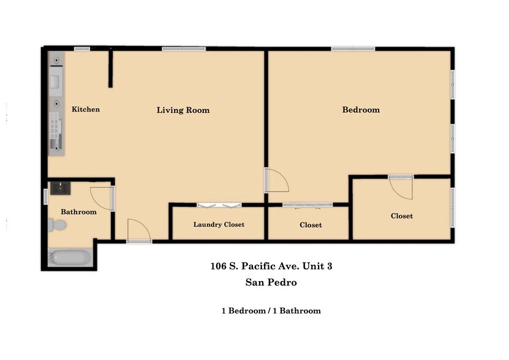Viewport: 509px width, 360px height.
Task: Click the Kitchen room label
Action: pos(86,110)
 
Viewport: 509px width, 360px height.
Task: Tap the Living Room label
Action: pos(183,110)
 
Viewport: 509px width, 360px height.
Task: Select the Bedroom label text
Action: pos(360,110)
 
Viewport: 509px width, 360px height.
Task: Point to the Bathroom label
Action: pos(78,212)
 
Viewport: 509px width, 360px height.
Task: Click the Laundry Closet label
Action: pos(219,225)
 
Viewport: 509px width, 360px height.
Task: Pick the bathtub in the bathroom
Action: pos(70,258)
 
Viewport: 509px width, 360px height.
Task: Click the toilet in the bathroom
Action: pos(57,225)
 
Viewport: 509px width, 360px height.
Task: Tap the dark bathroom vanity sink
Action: pos(61,187)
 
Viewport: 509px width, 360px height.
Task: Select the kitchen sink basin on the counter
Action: pos(55,80)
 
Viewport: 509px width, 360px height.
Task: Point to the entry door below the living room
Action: pos(138,231)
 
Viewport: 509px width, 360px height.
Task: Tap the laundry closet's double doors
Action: pos(219,204)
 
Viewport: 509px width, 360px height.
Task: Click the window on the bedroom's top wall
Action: pos(352,48)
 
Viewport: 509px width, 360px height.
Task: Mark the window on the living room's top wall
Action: pos(184,48)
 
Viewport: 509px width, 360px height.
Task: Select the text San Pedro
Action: pos(271,282)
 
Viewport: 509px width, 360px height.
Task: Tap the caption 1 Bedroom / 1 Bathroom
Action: pos(271,310)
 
